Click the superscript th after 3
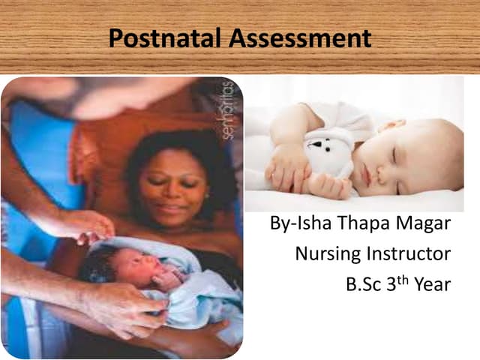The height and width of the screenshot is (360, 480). pyautogui.click(x=403, y=279)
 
